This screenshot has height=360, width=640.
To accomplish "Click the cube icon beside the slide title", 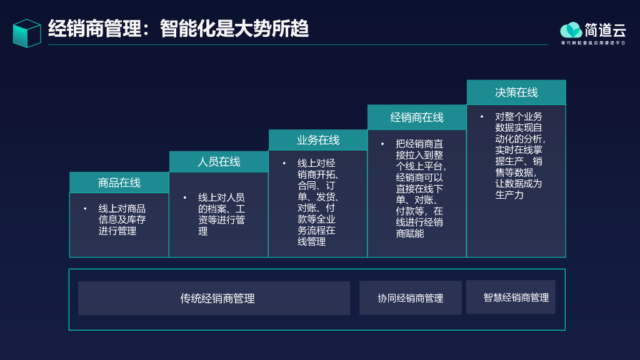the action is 27,33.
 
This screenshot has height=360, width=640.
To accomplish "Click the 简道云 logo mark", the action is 571,30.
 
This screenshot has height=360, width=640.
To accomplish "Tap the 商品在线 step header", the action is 119,182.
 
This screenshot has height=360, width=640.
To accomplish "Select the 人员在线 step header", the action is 219,162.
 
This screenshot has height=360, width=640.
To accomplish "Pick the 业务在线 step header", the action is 318,140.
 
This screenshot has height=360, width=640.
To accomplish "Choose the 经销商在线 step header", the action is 417,117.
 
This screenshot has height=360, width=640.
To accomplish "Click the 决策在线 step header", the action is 516,92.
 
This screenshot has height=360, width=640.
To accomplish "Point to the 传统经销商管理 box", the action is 214,298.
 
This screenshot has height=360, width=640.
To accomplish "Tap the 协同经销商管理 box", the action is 411,298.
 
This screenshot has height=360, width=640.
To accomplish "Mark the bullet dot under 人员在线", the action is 185,197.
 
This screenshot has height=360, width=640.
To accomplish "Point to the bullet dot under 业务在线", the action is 284,163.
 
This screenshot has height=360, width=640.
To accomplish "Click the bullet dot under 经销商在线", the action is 382,144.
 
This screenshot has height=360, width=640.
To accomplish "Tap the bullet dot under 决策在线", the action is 482,117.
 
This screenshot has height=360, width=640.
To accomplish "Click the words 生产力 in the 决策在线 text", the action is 509,195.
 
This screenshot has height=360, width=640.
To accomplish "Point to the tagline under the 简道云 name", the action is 592,42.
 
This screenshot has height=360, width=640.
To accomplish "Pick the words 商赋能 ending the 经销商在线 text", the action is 410,234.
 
